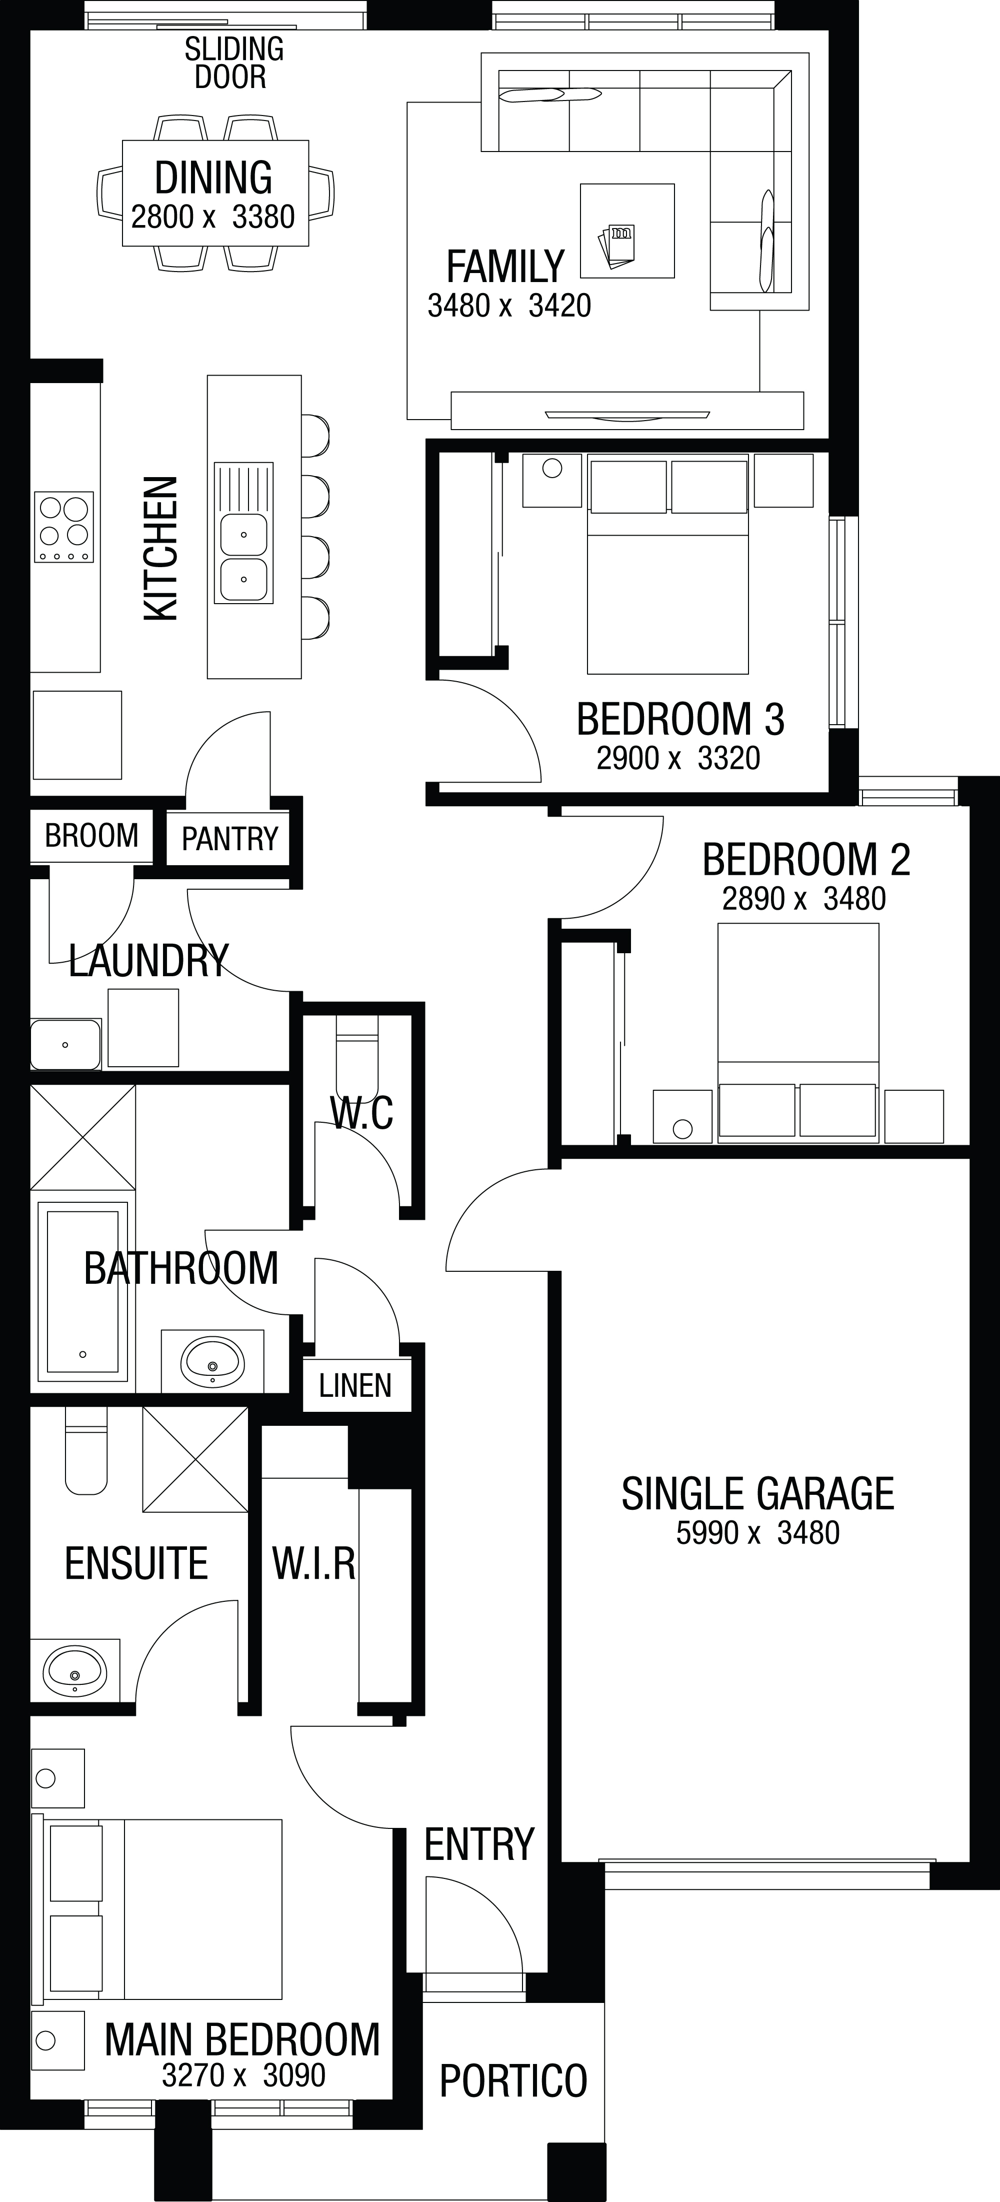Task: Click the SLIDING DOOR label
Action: (233, 63)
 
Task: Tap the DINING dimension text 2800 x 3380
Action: (213, 217)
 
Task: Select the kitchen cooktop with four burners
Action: (63, 527)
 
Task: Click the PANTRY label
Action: (230, 839)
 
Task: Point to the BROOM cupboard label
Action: (91, 835)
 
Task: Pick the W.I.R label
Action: (313, 1563)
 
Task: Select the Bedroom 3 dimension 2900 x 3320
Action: (678, 758)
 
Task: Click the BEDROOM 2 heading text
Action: (806, 859)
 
